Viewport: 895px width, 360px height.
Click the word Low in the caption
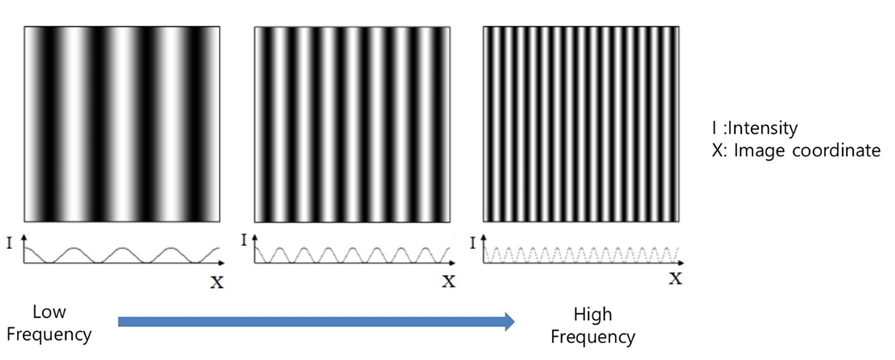tap(49, 312)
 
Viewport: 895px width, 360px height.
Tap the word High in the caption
tap(593, 315)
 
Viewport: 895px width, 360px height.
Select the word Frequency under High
tap(593, 336)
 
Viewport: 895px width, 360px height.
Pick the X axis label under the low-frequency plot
tap(217, 283)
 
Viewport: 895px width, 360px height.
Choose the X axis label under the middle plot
tap(448, 283)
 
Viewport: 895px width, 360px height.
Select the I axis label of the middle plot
tap(244, 241)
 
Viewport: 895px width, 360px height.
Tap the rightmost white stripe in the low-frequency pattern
tap(190, 123)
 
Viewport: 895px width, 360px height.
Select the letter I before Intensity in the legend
tap(714, 128)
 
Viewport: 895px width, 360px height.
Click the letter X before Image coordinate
tap(717, 151)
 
